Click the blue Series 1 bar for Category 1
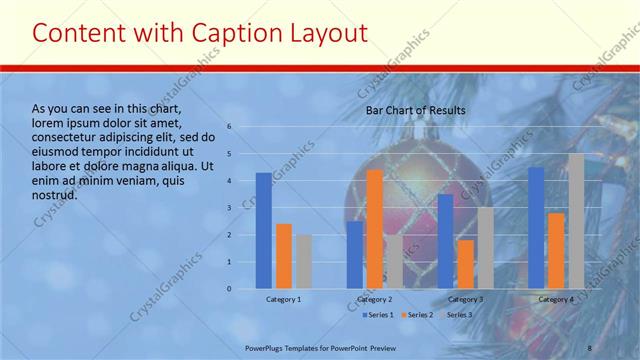pos(263,231)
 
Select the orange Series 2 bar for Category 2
pos(374,229)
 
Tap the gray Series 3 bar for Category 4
pos(576,221)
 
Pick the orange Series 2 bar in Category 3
pos(465,264)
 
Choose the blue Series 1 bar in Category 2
pos(355,255)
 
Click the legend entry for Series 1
pos(378,315)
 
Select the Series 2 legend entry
pos(417,315)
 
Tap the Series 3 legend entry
pos(457,315)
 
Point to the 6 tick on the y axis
pos(229,127)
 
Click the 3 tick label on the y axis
pos(229,208)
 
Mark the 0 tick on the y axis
pos(229,289)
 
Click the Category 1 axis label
pos(283,299)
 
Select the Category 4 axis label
pos(556,299)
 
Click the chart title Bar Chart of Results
pos(415,110)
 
